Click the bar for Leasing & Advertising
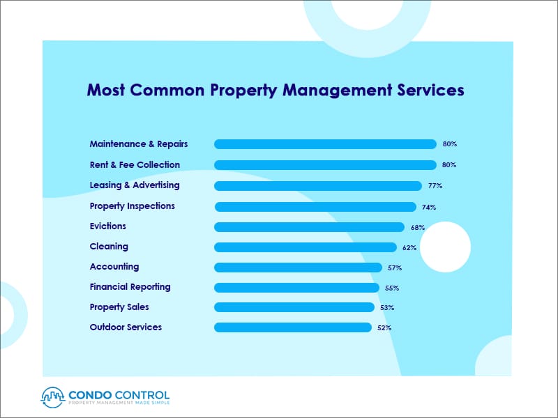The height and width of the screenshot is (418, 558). (x=318, y=186)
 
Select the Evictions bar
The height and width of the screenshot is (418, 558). (x=309, y=227)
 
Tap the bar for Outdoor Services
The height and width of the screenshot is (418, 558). (x=293, y=327)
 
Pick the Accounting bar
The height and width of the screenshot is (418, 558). (x=298, y=268)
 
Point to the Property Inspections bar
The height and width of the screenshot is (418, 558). (x=315, y=207)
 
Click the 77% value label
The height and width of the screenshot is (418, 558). (x=435, y=186)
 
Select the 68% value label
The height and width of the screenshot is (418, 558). (x=418, y=227)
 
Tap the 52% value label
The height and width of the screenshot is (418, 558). (x=385, y=327)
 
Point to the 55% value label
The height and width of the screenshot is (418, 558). (x=393, y=288)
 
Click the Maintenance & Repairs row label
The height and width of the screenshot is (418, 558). (x=139, y=144)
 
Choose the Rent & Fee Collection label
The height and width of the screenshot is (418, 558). (x=135, y=165)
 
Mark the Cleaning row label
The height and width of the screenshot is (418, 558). (x=109, y=247)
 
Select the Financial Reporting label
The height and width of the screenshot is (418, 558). (x=130, y=287)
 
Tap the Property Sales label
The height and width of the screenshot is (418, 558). (x=119, y=307)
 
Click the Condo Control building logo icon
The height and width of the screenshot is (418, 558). (x=52, y=396)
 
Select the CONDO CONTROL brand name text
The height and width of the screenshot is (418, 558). (x=119, y=393)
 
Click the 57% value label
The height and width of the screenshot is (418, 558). (x=395, y=268)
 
